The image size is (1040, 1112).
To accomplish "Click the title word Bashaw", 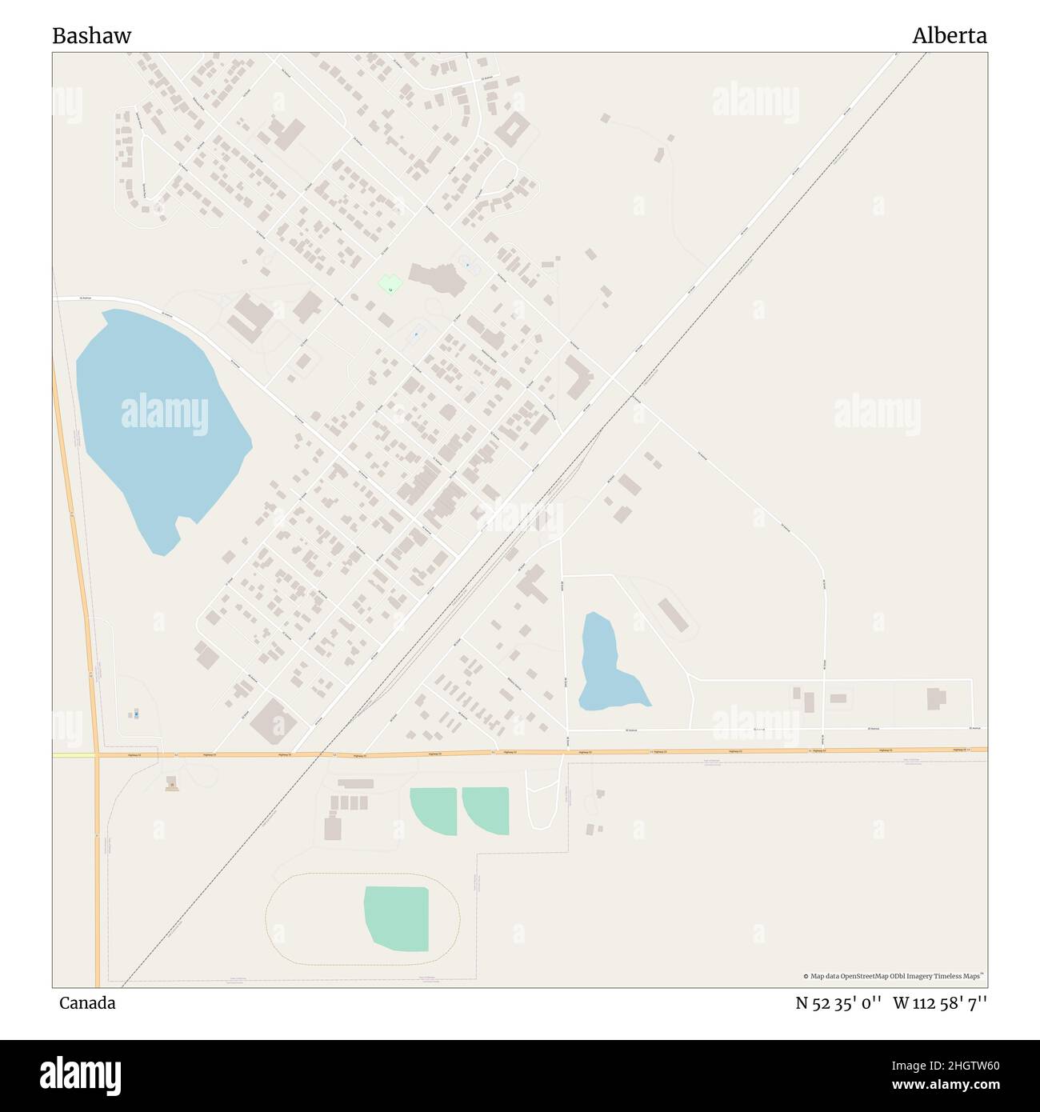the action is (x=92, y=36).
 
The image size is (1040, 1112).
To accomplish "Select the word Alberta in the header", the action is (x=950, y=36).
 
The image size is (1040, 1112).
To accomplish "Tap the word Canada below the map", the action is (x=87, y=1002).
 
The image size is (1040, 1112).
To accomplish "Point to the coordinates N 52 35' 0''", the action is (x=838, y=1002).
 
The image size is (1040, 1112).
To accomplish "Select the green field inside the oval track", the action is (x=398, y=918).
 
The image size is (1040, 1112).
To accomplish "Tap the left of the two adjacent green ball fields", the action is (x=434, y=810).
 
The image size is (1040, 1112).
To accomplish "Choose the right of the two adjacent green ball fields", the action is (x=487, y=810).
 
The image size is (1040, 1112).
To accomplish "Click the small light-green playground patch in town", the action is (x=390, y=284).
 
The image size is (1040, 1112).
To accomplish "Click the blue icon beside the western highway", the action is (x=136, y=713).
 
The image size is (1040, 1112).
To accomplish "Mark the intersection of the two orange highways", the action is (x=96, y=754).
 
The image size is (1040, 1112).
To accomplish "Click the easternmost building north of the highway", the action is (x=936, y=698).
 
